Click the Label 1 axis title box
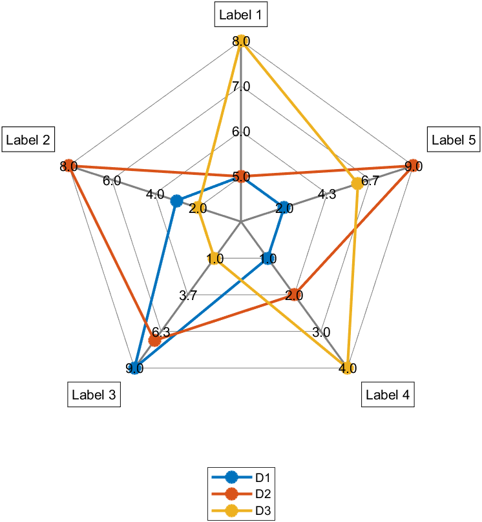[241, 15]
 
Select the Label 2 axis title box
[28, 139]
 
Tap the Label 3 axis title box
[94, 395]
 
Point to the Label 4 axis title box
[388, 395]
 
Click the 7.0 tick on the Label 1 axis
[241, 86]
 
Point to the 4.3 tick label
[327, 194]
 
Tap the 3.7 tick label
[188, 296]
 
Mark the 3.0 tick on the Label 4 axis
[321, 333]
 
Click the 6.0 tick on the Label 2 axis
[112, 181]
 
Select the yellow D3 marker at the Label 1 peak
[241, 41]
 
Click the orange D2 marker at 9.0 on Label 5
[413, 166]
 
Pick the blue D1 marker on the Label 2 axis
[176, 201]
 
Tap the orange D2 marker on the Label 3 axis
[155, 340]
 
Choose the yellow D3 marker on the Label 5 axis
[357, 184]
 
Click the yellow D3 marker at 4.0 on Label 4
[348, 368]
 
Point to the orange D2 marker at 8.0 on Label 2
[68, 166]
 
